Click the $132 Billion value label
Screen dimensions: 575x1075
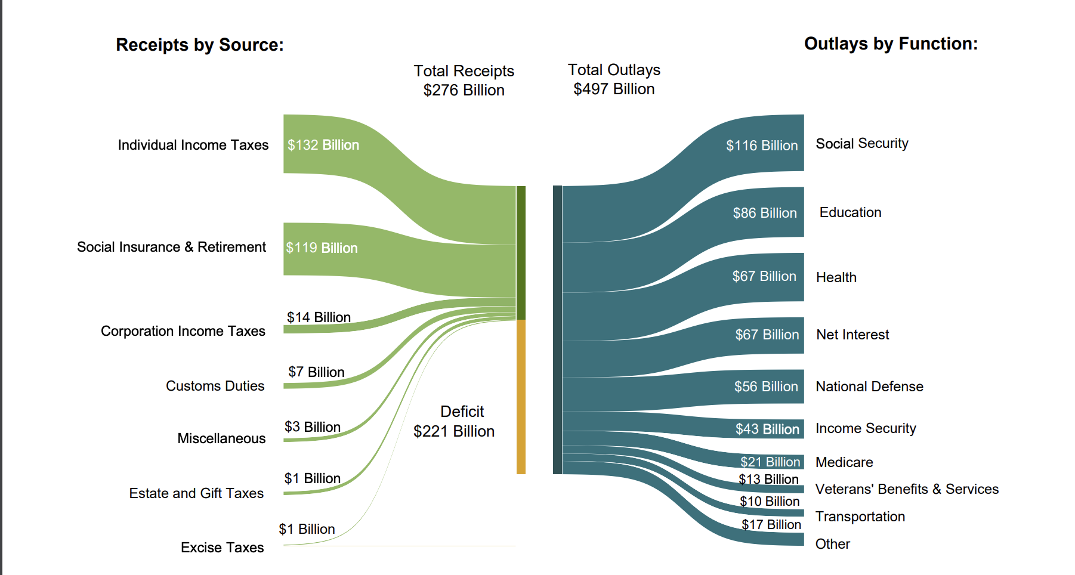tap(323, 145)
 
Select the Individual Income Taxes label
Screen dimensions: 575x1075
tap(193, 145)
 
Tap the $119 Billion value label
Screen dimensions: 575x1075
tap(322, 248)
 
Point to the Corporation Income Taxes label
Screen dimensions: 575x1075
tap(183, 331)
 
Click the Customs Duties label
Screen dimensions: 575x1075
tap(215, 386)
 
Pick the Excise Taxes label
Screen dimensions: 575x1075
tap(222, 548)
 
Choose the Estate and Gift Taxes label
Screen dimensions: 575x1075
tap(196, 493)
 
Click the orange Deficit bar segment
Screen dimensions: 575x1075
tap(521, 397)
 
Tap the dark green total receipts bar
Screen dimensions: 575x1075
tap(521, 252)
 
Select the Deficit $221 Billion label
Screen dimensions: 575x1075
tap(454, 421)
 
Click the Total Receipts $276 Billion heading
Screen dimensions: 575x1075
tap(464, 81)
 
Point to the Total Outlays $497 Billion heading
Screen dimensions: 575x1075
tap(614, 79)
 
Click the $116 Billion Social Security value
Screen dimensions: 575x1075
tap(761, 146)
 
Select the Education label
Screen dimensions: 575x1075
tap(850, 212)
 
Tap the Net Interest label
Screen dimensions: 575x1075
tap(852, 335)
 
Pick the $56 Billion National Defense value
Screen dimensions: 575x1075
tap(765, 387)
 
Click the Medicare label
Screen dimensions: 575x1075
tap(844, 462)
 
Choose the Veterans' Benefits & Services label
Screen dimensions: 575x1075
tap(906, 489)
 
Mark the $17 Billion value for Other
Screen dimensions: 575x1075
tap(771, 524)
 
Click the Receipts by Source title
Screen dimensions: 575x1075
tap(200, 45)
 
